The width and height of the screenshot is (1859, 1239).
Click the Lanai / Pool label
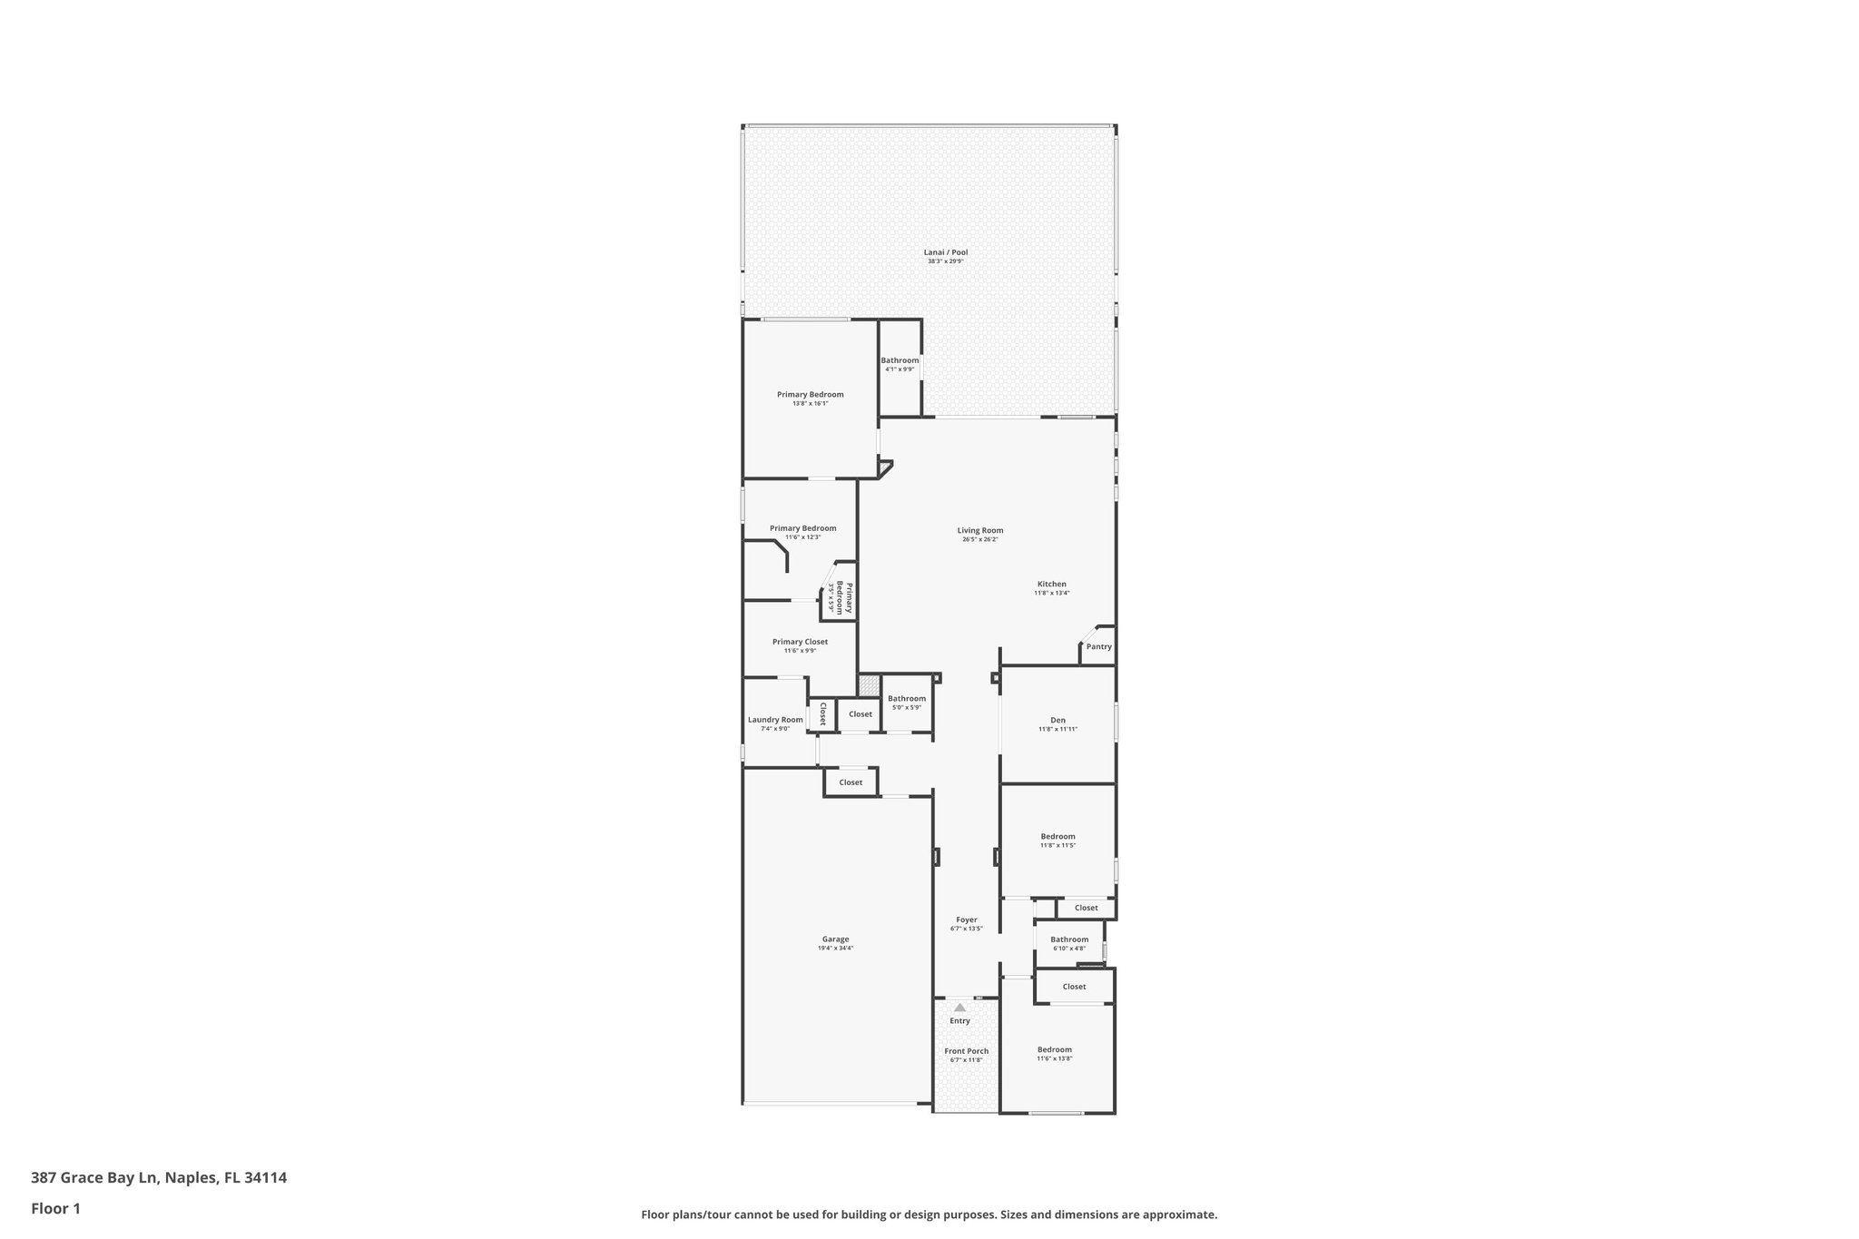(x=945, y=252)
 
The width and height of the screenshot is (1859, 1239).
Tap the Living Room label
(x=980, y=530)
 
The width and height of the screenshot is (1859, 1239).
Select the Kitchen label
(x=1052, y=584)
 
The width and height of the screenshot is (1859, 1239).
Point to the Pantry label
(x=1098, y=646)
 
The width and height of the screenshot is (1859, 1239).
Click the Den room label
(x=1057, y=720)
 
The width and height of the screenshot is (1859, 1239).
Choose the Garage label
(x=835, y=939)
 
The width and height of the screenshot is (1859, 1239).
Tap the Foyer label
(x=966, y=919)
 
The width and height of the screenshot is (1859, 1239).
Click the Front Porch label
(x=966, y=1051)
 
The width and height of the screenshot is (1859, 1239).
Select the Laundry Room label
(x=775, y=720)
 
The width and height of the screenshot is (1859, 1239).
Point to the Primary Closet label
(x=800, y=642)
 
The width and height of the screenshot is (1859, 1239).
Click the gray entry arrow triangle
(x=959, y=1007)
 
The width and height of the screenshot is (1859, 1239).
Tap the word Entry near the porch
(x=959, y=1021)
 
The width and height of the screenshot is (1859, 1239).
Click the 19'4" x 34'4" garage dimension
(x=835, y=949)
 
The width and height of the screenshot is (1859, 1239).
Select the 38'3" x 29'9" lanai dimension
(x=945, y=261)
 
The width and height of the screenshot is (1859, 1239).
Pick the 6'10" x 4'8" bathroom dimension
(x=1068, y=949)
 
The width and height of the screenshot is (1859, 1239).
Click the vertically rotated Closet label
(x=822, y=713)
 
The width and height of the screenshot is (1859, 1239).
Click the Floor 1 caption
(x=55, y=1208)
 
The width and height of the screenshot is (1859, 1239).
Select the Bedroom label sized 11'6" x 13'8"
(x=1054, y=1049)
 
